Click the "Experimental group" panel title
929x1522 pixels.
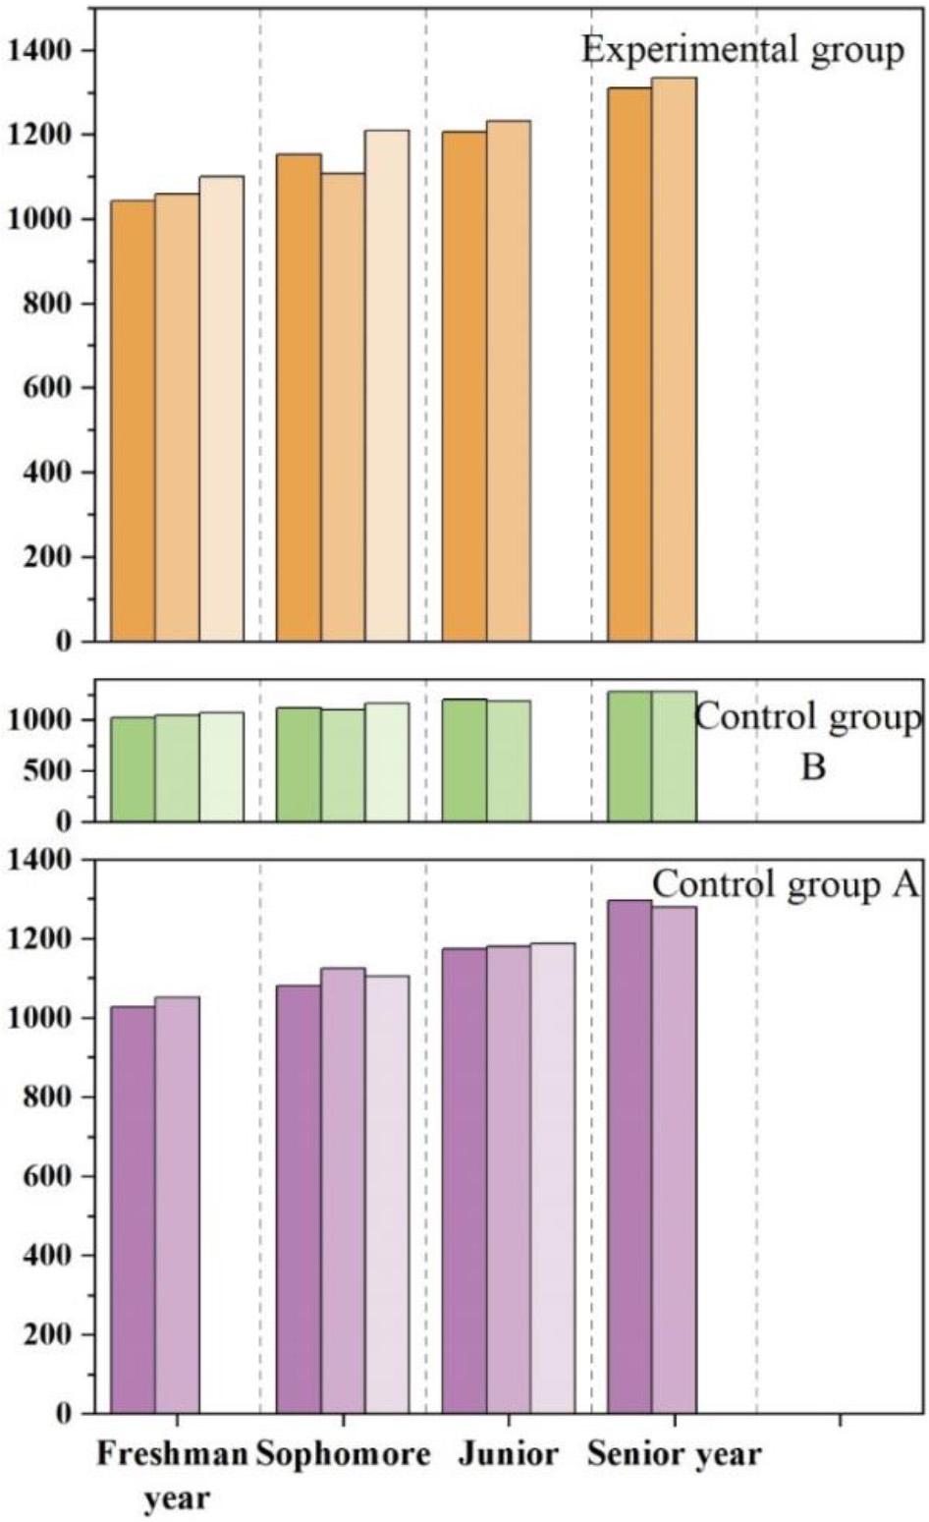[x=742, y=49]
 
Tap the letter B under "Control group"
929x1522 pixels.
[x=812, y=765]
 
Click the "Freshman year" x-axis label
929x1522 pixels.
[x=172, y=1475]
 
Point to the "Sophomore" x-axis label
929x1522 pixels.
[x=343, y=1454]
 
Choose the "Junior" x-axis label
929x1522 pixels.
[x=508, y=1454]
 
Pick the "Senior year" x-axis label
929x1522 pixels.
[x=674, y=1454]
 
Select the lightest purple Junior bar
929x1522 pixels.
[x=553, y=1178]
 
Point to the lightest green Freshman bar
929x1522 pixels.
[x=221, y=766]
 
